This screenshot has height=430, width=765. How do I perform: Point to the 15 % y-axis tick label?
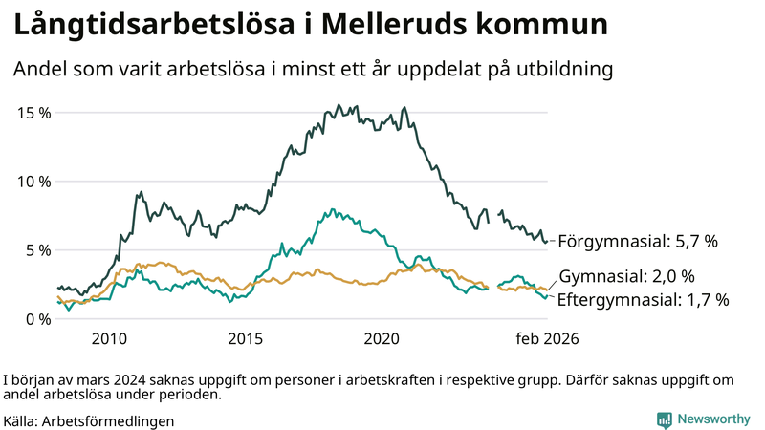click(x=34, y=112)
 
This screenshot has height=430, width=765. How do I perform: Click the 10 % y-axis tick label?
click(x=34, y=181)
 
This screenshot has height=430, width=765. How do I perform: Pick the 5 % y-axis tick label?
click(x=38, y=249)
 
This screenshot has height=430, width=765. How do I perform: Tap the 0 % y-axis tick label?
click(x=38, y=318)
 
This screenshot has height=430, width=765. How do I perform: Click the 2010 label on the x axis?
click(x=109, y=338)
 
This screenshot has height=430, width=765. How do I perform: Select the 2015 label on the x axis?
click(x=246, y=338)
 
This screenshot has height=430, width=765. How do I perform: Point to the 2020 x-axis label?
click(x=382, y=338)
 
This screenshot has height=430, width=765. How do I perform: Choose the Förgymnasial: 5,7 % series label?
click(x=637, y=242)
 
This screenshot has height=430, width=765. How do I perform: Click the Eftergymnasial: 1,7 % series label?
click(x=643, y=300)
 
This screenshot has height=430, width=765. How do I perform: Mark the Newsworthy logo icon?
click(x=664, y=419)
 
